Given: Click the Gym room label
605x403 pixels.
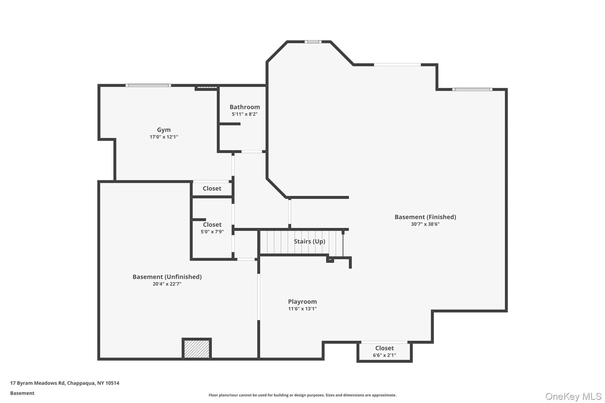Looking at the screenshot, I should pos(164,130).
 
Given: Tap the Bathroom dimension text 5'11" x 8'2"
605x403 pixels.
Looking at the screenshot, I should pos(245,114).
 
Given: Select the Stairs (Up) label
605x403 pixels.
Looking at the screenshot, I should pos(309,242).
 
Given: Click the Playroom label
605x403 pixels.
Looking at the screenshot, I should pos(302,302).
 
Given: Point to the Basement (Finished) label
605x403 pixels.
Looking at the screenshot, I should pos(425,217).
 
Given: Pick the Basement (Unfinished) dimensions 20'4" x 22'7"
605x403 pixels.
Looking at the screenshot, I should pos(167,284).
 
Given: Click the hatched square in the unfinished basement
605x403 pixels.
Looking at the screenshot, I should pos(196,349).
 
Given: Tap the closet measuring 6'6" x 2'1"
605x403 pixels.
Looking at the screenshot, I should pos(384,351).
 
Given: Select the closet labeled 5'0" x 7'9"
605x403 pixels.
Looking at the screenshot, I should pos(212,228).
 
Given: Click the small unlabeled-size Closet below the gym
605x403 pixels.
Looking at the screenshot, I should pos(212,188).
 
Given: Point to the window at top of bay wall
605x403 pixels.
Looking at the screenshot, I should pos(313,42).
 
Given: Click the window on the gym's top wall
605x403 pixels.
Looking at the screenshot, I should pos(148,86).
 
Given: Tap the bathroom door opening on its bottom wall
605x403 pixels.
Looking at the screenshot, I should pos(251,152).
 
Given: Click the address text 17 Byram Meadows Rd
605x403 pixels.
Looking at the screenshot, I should pos(65,383).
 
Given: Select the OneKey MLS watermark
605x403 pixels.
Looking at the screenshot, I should pos(573,396).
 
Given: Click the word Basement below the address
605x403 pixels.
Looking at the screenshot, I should pos(22,393).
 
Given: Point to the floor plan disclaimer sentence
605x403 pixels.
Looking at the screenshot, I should pos(302,395).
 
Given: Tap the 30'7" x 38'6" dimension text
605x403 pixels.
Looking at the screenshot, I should pos(425,224).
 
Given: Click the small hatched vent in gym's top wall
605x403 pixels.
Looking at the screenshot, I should pos(207,87).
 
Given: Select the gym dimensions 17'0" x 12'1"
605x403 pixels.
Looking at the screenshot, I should pos(164,137).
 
